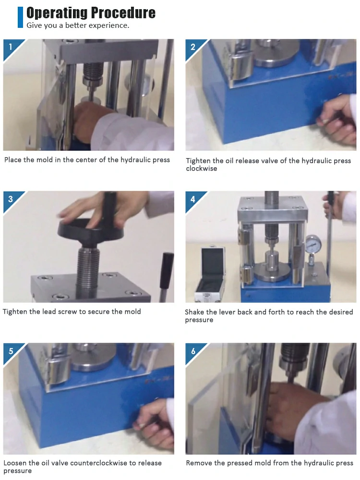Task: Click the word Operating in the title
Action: point(57,13)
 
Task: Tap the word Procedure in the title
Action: point(123,13)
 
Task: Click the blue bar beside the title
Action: point(21,17)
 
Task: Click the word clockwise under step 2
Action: point(202,168)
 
